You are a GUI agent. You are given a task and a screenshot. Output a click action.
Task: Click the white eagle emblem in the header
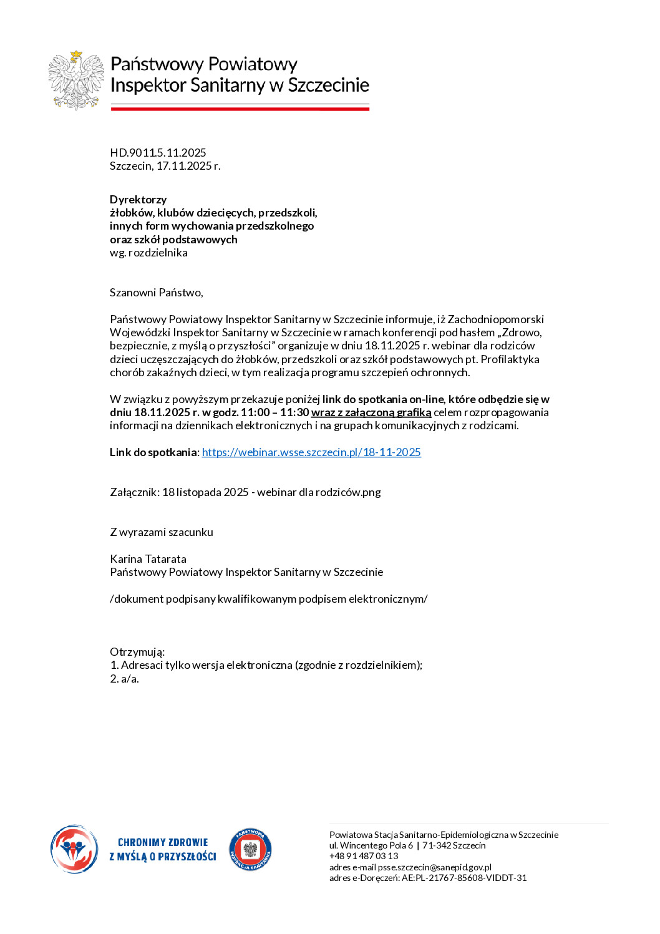tap(76, 80)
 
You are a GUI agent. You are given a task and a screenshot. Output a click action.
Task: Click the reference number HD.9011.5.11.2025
tap(158, 153)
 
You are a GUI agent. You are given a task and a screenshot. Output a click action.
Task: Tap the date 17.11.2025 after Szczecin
tap(185, 166)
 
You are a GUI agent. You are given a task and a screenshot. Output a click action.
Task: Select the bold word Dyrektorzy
tap(138, 200)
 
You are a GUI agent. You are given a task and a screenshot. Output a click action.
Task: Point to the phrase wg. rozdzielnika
tap(148, 253)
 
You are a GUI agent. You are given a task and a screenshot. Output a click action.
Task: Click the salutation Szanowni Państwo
tap(156, 293)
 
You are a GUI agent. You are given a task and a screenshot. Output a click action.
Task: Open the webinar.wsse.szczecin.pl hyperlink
tap(311, 452)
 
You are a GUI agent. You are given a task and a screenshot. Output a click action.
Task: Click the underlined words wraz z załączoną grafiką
tap(371, 412)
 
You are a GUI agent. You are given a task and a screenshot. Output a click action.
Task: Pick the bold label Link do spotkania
tap(153, 452)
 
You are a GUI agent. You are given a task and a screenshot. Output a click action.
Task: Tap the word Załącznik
tap(133, 492)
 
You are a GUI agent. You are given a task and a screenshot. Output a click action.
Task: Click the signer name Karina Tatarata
tap(148, 559)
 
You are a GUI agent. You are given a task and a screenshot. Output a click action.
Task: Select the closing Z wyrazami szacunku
tap(162, 532)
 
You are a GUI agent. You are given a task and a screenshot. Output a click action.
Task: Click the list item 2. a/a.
tap(124, 679)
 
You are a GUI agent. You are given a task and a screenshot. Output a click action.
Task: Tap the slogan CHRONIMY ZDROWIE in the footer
tap(163, 842)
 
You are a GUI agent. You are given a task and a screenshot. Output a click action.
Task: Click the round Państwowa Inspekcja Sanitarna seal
tap(250, 849)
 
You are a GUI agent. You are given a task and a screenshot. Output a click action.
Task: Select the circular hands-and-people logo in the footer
tap(74, 849)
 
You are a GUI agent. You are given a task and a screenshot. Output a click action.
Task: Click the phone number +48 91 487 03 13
tap(364, 856)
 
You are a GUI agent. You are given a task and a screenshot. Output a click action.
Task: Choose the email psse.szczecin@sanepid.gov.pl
tap(434, 867)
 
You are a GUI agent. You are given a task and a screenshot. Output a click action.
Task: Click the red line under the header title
tap(240, 109)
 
